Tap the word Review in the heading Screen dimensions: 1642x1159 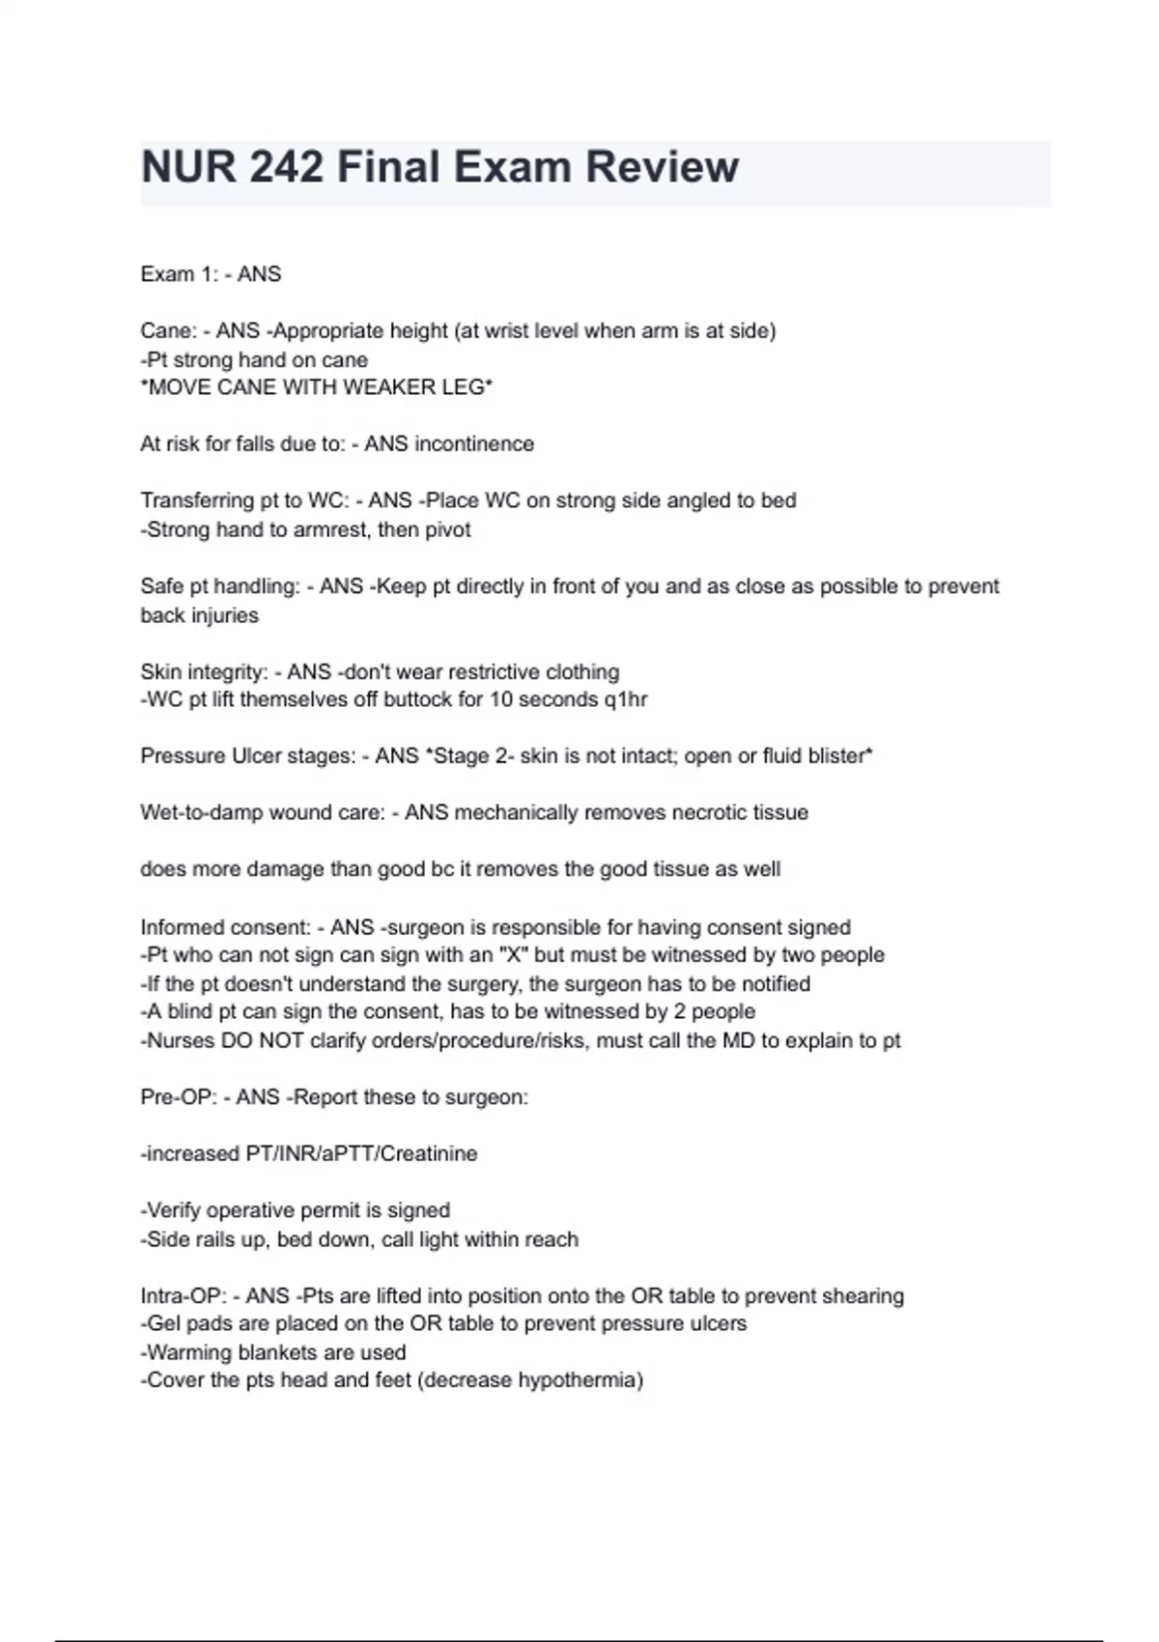click(x=662, y=167)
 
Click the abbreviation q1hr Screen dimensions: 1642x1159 click(x=626, y=699)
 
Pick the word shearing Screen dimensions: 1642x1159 click(x=862, y=1295)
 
